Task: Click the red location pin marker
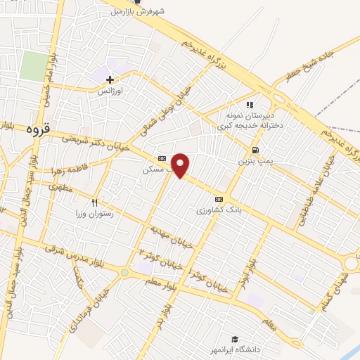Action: [181, 165]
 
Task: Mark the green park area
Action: [33, 66]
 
